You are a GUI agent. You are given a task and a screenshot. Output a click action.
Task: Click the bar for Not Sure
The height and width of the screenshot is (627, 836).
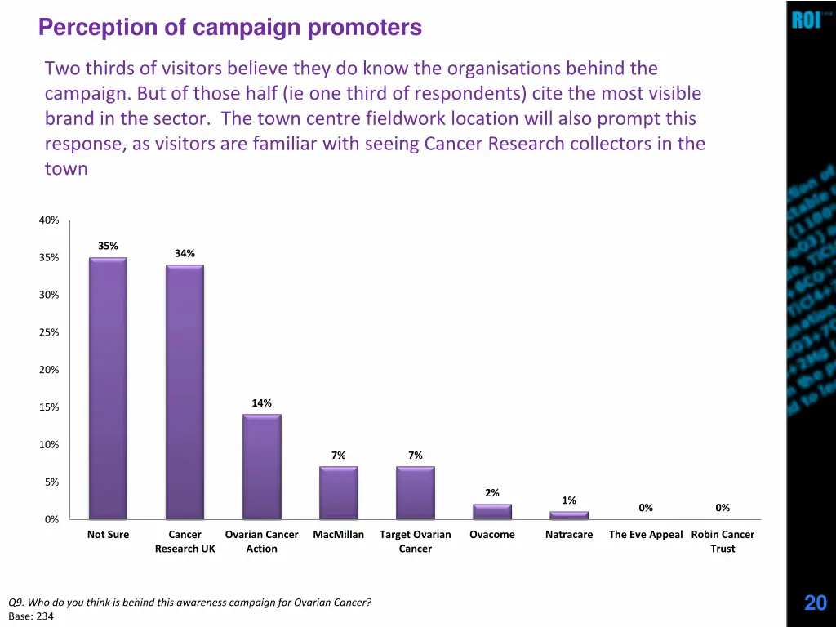click(108, 389)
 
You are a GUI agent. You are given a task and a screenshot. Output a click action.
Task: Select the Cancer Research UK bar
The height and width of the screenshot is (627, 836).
click(185, 392)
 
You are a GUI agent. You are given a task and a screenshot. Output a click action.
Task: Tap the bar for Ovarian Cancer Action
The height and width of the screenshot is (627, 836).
click(261, 467)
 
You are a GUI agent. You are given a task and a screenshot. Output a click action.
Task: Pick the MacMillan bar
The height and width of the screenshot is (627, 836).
click(338, 493)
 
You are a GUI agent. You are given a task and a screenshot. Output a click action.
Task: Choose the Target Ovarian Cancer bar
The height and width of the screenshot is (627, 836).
click(415, 493)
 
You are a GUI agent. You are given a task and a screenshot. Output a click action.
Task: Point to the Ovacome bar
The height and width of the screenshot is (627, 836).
click(491, 512)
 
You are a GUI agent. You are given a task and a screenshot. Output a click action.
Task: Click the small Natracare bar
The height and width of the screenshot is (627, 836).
click(568, 515)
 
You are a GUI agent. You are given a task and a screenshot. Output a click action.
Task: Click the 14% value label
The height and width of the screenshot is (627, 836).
click(261, 403)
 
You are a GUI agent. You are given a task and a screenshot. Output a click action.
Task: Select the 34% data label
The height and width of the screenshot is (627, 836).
click(185, 254)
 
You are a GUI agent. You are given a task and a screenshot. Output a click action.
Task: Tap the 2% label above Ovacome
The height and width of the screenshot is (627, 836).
click(491, 493)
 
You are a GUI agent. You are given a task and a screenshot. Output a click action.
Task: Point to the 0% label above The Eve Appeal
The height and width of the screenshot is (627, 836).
click(646, 508)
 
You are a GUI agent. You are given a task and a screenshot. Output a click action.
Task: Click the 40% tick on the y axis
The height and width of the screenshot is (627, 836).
click(48, 220)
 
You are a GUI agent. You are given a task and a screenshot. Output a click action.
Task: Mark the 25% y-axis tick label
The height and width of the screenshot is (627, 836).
click(48, 333)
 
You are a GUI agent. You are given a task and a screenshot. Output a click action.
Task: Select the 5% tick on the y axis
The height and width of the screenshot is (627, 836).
click(51, 482)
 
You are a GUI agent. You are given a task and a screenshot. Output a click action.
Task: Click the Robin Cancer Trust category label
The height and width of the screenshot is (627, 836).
click(723, 542)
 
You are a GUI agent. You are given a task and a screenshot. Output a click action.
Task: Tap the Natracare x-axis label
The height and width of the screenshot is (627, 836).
click(568, 535)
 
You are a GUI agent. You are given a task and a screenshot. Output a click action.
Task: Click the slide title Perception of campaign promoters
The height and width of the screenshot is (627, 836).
click(230, 29)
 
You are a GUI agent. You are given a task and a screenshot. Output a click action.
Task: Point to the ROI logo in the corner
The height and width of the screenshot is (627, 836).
click(806, 20)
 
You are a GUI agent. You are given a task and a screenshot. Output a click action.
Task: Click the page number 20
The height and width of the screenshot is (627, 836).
click(815, 603)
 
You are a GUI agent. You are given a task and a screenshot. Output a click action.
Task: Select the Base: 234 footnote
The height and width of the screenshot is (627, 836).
click(31, 616)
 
